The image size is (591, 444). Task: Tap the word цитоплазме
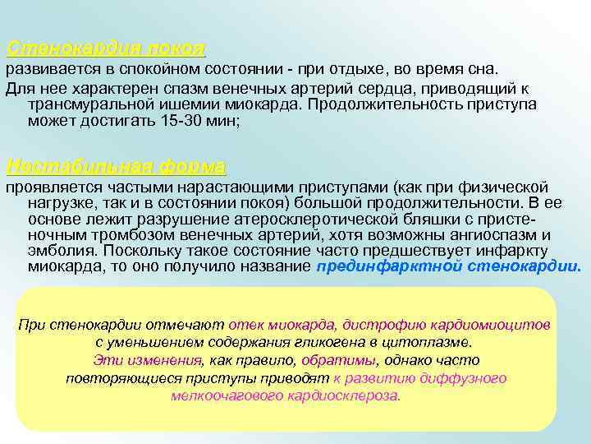[x=430, y=342]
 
